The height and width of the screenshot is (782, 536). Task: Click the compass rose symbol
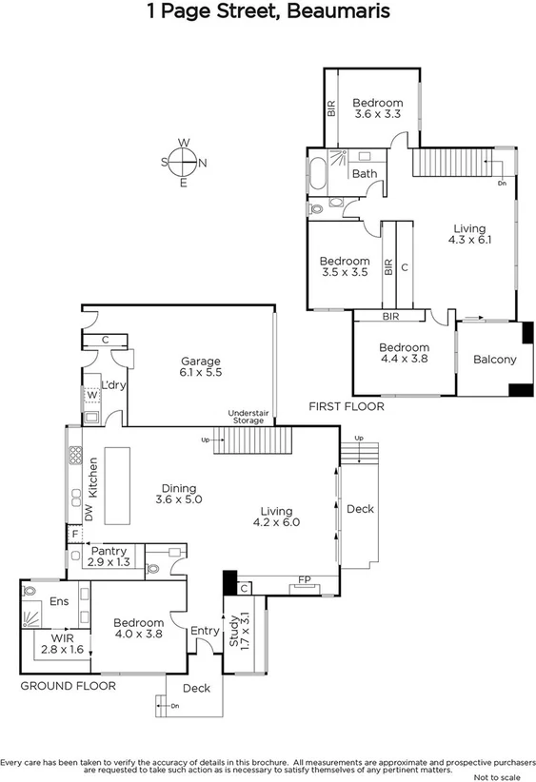[183, 163]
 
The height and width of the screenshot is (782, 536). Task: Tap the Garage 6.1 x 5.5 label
[201, 367]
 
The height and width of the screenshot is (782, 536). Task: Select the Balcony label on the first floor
[494, 360]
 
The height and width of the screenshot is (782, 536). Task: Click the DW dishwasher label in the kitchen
[89, 514]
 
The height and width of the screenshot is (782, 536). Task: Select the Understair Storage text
[251, 417]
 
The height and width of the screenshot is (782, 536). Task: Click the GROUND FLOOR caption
[69, 686]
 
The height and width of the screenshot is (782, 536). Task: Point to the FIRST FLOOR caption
[347, 406]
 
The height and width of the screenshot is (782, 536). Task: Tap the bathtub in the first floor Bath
[318, 175]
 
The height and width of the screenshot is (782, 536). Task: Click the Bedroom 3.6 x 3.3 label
[378, 108]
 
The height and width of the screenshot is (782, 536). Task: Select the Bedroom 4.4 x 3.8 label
[404, 354]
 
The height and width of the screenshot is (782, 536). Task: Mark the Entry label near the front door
[205, 631]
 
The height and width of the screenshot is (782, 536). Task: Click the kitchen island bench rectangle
[118, 484]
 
